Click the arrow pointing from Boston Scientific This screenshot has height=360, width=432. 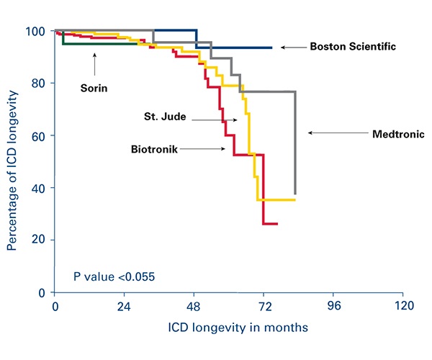point(293,48)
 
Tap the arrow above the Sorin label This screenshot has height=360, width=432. point(94,65)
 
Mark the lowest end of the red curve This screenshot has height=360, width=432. point(277,224)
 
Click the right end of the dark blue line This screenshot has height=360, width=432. point(271,48)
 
